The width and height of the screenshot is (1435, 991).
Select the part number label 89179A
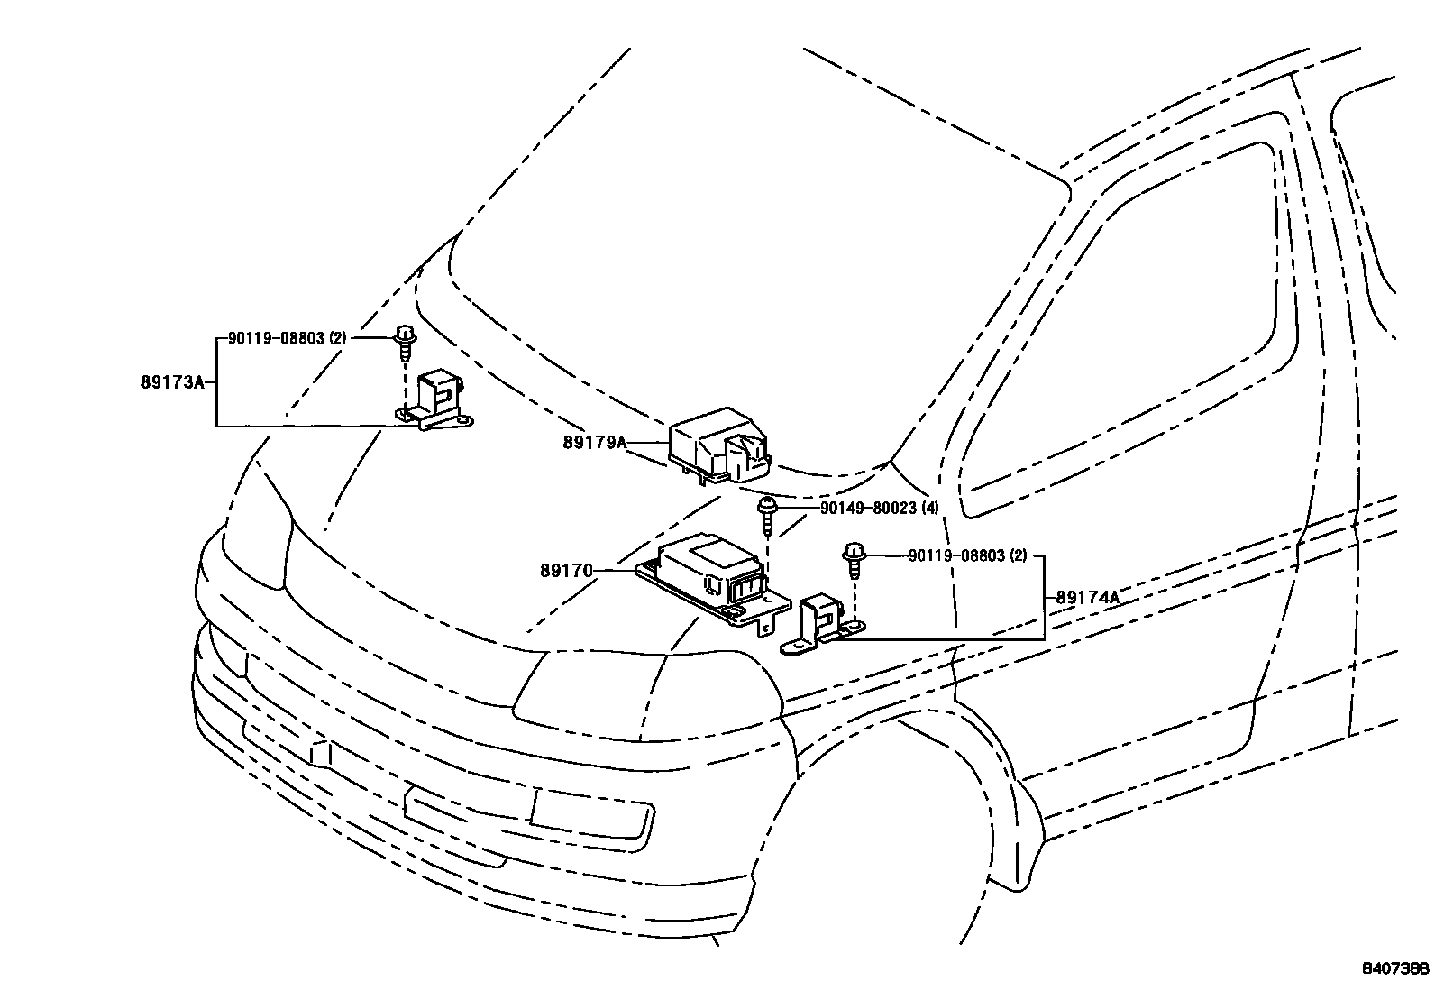[x=594, y=442]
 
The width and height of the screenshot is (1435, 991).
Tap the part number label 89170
[x=566, y=570]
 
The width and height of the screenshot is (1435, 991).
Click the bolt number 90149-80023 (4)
[x=879, y=508]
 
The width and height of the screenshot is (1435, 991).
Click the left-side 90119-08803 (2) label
[x=287, y=337]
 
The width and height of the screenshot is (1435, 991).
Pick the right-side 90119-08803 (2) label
[x=967, y=555]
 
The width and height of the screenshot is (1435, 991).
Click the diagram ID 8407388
[x=1394, y=969]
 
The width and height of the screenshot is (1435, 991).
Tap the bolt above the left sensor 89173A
[x=405, y=343]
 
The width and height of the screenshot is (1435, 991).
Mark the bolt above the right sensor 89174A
[x=850, y=559]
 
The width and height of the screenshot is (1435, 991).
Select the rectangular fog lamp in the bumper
[x=590, y=810]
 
